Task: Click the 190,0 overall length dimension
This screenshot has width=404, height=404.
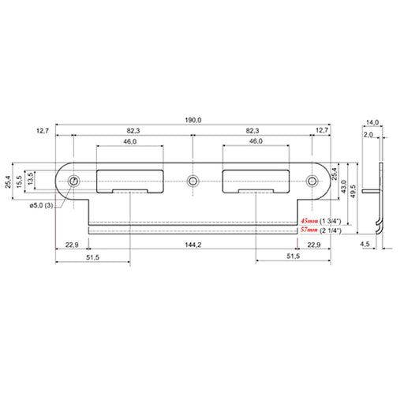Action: [193, 120]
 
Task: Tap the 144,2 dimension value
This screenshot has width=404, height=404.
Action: [193, 245]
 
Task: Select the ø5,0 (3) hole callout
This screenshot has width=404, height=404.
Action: [41, 205]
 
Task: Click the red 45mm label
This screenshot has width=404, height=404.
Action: [309, 221]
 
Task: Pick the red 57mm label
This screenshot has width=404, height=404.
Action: [309, 230]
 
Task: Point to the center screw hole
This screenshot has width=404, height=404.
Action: [193, 181]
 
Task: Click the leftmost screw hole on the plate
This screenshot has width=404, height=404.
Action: [74, 181]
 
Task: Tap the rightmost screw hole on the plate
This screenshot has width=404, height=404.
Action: [312, 181]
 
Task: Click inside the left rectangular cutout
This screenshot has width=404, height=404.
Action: [130, 180]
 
